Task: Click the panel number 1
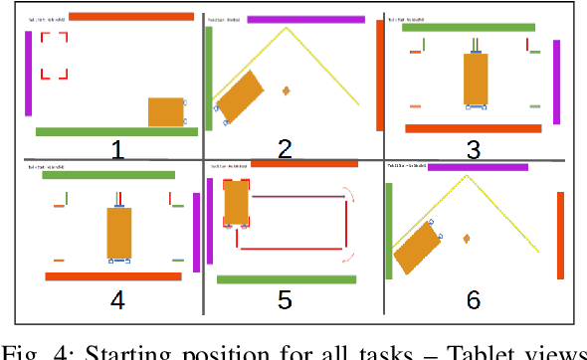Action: (117, 149)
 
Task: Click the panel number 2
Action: (285, 149)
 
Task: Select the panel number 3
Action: (473, 149)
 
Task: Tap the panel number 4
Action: (117, 299)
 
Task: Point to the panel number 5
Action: (285, 299)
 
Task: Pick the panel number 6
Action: (473, 299)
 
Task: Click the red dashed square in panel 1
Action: (54, 56)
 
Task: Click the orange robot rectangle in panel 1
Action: (166, 111)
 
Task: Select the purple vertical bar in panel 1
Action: (29, 72)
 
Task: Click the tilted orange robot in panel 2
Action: (239, 96)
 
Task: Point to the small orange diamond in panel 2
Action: (287, 90)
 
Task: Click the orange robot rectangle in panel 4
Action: (119, 232)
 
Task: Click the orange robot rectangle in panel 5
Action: (236, 202)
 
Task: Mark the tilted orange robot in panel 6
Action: (418, 246)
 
